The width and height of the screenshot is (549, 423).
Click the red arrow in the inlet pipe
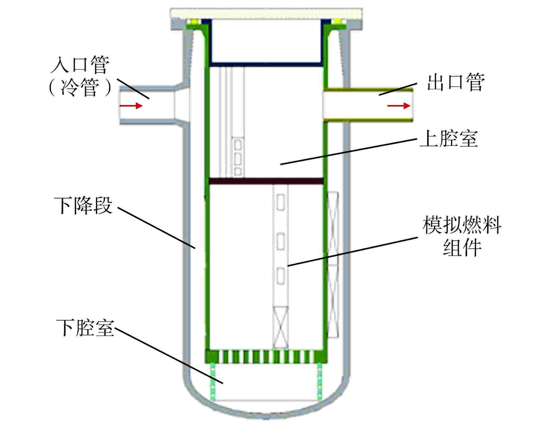[x=131, y=105]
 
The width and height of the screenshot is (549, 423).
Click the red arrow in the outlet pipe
[x=399, y=105]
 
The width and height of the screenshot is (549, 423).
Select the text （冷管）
[x=80, y=88]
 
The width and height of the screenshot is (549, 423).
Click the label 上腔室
[x=449, y=139]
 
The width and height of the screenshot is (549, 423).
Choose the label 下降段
[x=83, y=205]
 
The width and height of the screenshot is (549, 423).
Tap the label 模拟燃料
[x=462, y=226]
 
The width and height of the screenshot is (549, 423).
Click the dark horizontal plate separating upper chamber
[x=266, y=181]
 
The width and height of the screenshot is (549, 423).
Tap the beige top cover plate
[x=266, y=14]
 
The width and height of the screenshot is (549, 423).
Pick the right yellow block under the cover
[x=338, y=21]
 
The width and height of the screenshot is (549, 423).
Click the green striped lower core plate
[x=266, y=356]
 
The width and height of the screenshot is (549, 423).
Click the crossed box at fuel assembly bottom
[x=281, y=327]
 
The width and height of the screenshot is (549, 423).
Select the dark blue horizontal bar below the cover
[x=266, y=64]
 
